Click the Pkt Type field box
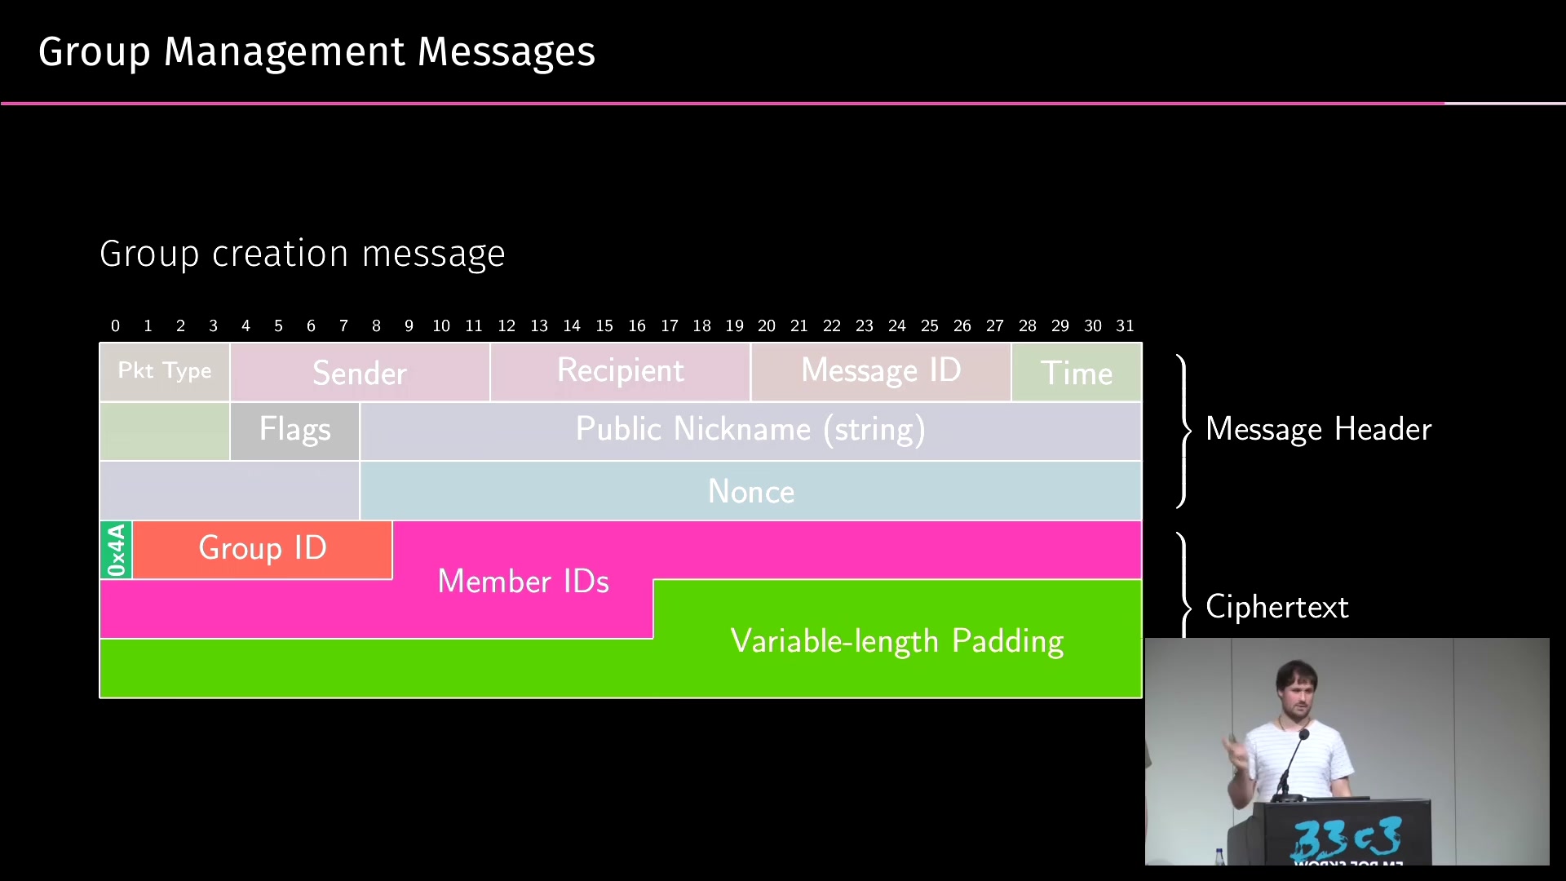pos(165,372)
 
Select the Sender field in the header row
pos(360,372)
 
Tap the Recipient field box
pos(620,372)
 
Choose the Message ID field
pos(881,372)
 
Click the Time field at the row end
pos(1077,372)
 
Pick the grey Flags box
pos(294,431)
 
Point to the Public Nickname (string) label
pos(750,429)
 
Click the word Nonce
pos(751,491)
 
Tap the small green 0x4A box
pos(116,550)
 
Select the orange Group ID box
pos(262,550)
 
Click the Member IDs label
pos(523,581)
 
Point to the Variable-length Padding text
pos(897,641)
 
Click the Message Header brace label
pos(1318,429)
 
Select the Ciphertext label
pos(1277,607)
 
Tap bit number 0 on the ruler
pos(115,325)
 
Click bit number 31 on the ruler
pos(1125,325)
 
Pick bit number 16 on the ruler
pos(637,325)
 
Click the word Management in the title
pos(285,52)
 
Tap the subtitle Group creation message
pos(303,254)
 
